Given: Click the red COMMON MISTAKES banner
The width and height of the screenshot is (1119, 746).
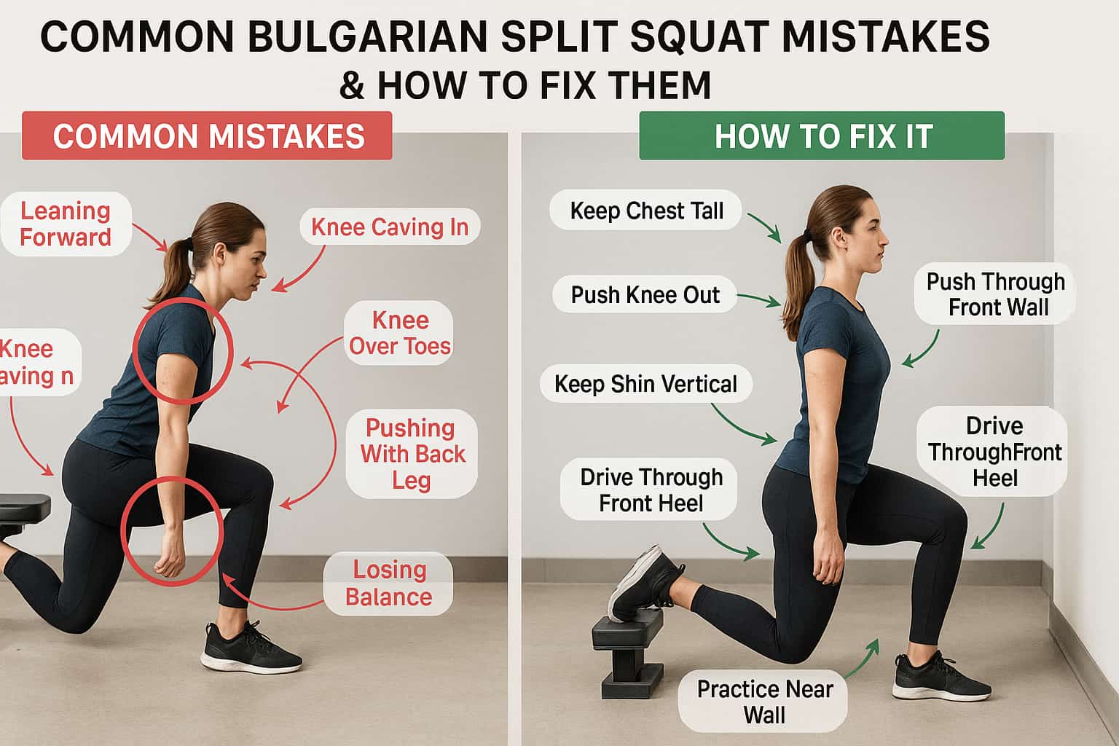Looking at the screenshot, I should point(208,136).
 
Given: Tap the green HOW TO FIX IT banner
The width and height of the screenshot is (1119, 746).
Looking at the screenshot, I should point(822,136).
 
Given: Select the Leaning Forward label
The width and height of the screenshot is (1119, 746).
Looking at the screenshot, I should point(66,224).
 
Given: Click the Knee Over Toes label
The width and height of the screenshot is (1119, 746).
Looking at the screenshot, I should point(399,333).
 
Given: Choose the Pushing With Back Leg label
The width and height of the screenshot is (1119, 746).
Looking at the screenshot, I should point(412,453).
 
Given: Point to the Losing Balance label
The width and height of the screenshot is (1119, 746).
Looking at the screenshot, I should point(388,583).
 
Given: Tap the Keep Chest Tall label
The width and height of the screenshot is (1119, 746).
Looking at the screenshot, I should point(646,211).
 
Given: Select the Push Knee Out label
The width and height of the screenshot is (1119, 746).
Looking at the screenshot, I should point(645,295).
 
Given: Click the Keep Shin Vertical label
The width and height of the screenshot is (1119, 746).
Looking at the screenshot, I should point(645,384).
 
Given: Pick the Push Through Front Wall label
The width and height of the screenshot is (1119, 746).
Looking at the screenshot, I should point(995,294).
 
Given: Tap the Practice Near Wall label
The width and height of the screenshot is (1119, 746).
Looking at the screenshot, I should point(763,702).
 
